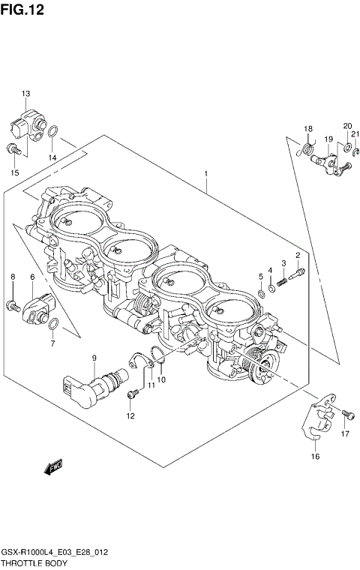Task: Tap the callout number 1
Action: pyautogui.click(x=205, y=173)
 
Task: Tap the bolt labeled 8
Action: pyautogui.click(x=13, y=304)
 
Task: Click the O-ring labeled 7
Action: pyautogui.click(x=52, y=323)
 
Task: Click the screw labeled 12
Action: pyautogui.click(x=134, y=393)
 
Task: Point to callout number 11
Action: pyautogui.click(x=151, y=385)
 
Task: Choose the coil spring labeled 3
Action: pyautogui.click(x=283, y=281)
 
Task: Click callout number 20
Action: pyautogui.click(x=347, y=126)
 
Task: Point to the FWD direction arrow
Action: pyautogui.click(x=54, y=469)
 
